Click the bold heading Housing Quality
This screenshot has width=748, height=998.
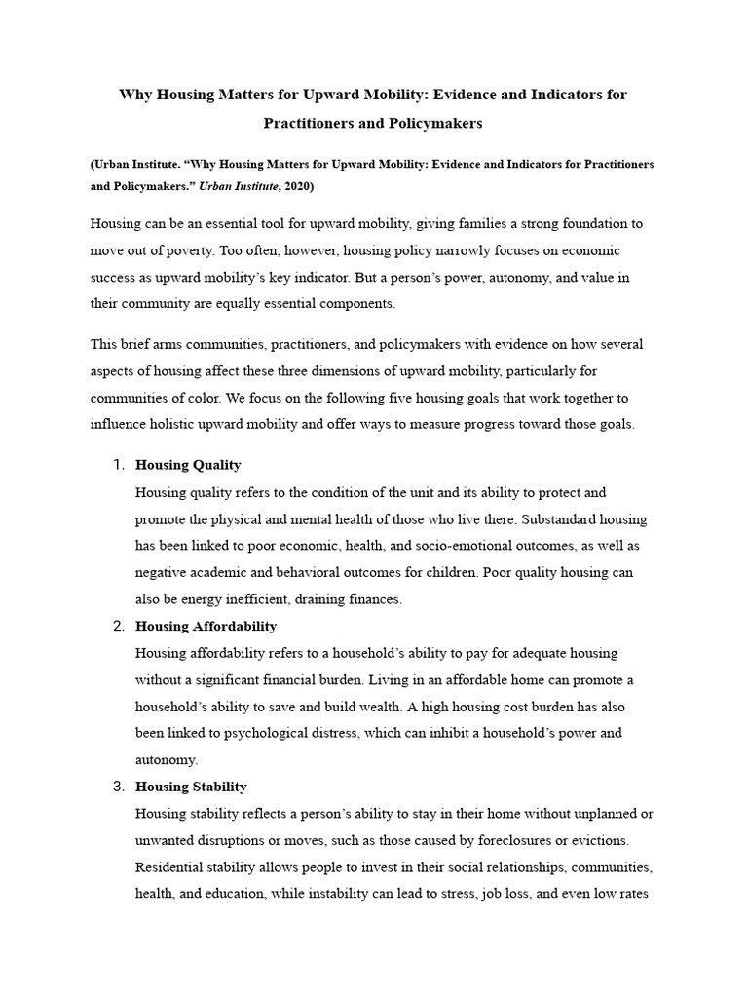[188, 465]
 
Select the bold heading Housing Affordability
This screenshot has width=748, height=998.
[206, 626]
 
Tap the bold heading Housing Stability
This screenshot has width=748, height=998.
[191, 787]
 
